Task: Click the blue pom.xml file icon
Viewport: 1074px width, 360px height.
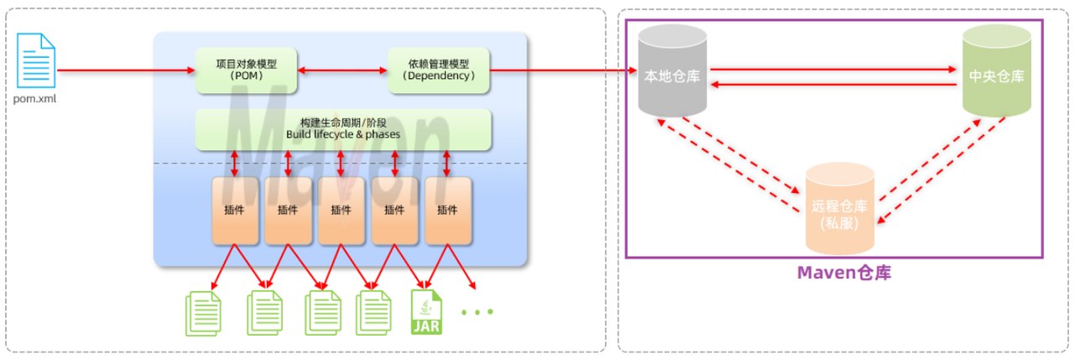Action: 36,60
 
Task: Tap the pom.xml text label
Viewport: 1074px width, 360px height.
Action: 34,99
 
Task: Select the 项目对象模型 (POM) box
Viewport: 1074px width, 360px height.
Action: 246,70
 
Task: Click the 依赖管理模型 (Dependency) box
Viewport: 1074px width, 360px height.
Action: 438,70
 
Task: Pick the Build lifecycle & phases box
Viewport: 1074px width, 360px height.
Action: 343,129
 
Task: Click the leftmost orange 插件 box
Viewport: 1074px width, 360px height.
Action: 235,211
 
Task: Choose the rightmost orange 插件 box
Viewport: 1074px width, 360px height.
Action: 448,211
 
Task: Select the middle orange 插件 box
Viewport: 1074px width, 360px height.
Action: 341,211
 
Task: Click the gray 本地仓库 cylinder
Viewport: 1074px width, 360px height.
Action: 672,71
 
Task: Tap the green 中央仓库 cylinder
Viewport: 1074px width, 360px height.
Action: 997,71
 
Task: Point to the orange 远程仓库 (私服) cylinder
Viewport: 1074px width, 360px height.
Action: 840,209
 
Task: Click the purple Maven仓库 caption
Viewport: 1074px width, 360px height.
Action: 844,273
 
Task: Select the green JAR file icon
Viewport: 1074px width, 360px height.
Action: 426,312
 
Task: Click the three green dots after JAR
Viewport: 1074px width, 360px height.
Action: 477,312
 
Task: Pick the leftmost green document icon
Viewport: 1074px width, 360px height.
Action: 203,314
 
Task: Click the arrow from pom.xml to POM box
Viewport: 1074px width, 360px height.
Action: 126,70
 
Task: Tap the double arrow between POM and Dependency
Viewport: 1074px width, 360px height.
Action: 342,70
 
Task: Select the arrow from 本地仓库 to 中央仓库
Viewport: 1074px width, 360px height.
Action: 833,69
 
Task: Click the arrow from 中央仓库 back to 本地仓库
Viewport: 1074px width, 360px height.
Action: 833,85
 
